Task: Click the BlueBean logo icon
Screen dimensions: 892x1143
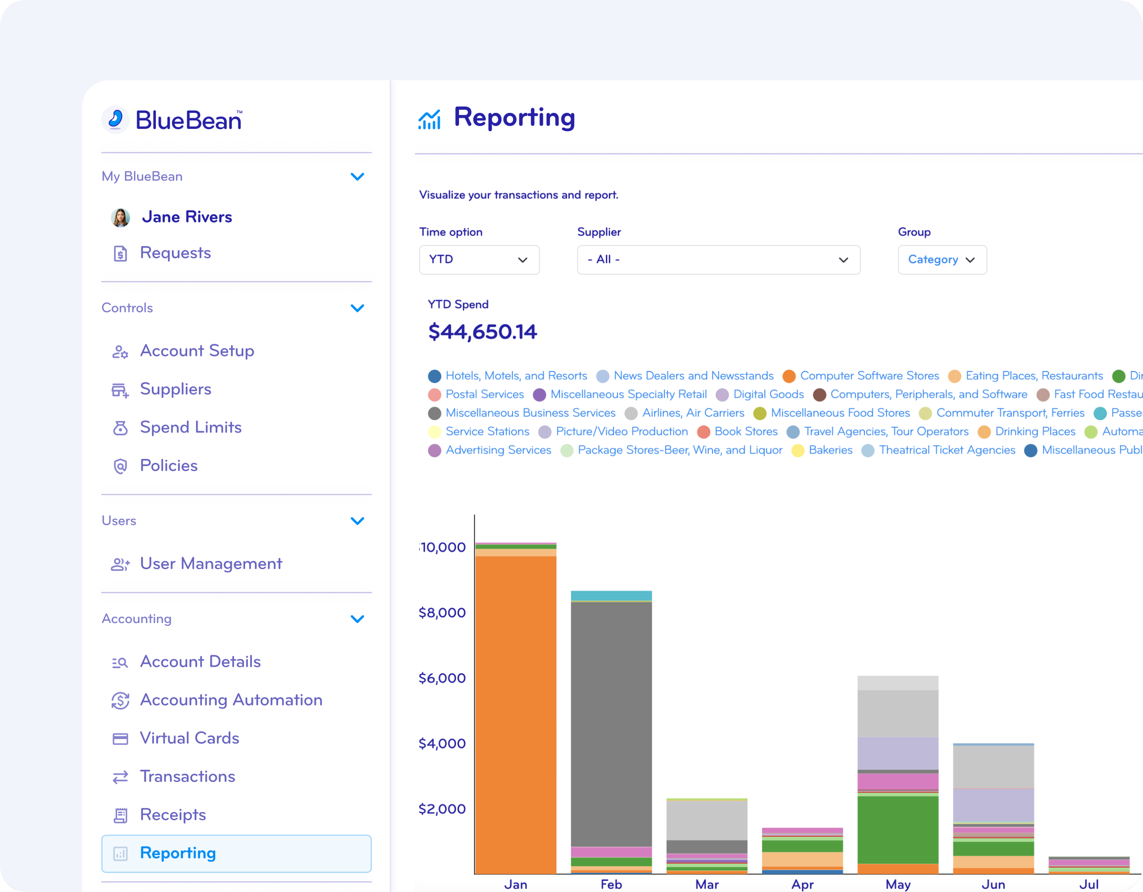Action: pos(116,120)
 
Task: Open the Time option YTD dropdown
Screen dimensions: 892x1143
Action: pos(479,260)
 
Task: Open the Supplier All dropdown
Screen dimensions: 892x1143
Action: pos(718,260)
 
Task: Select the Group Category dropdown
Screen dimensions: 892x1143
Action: pos(941,260)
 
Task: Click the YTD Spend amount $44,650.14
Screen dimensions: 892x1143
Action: pos(482,332)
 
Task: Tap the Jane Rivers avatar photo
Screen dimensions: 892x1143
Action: pos(120,217)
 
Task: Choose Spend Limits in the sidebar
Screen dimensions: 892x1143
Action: pos(190,427)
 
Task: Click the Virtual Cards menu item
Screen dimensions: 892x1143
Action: pos(189,738)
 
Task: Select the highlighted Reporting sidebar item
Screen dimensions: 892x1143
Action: pos(236,853)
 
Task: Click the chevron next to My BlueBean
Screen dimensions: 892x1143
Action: pos(357,177)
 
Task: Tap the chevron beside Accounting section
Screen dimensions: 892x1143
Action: pos(357,619)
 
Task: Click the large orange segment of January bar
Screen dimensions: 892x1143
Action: pos(516,711)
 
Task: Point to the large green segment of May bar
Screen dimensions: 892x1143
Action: pos(897,829)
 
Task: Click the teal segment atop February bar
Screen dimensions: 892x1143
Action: pos(611,596)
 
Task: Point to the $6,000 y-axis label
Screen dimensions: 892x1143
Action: pos(442,678)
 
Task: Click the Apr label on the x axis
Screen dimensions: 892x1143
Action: pos(802,884)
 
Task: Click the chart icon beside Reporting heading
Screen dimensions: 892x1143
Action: pos(429,119)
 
